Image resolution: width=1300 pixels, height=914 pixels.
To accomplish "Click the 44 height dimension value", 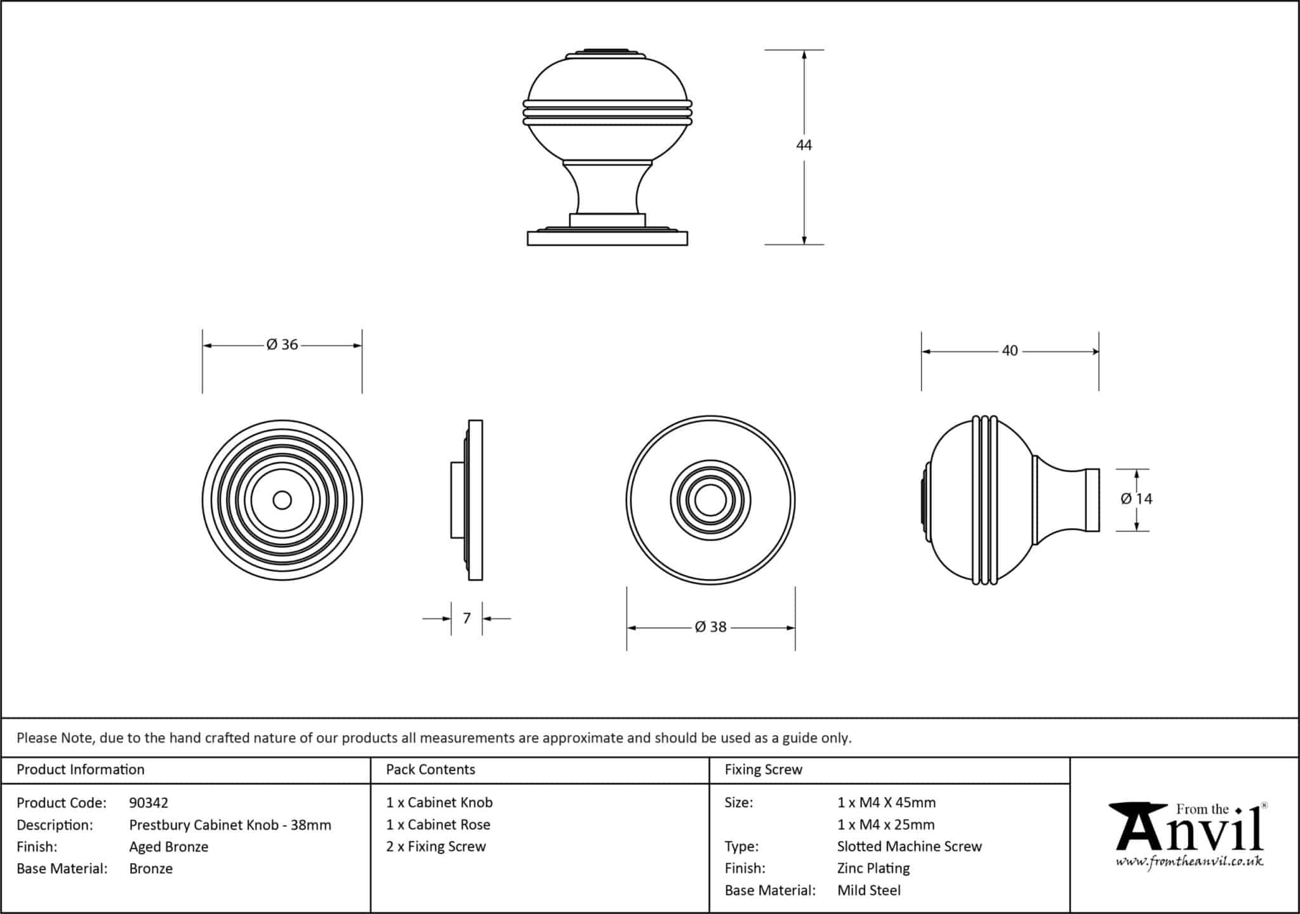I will pos(804,145).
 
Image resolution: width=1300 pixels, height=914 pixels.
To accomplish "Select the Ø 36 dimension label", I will pos(282,345).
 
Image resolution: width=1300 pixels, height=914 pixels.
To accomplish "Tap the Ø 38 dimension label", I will pos(710,627).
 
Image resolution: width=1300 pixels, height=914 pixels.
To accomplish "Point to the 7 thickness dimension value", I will pos(467,618).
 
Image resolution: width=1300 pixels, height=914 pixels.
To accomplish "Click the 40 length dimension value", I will pos(1009,350).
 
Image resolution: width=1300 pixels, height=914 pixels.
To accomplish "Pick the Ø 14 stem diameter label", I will pos(1136,499).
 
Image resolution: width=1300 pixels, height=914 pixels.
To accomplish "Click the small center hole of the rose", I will pos(282,500).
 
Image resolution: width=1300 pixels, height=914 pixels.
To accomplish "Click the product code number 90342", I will pos(149,803).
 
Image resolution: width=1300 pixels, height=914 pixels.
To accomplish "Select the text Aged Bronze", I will pos(168,847).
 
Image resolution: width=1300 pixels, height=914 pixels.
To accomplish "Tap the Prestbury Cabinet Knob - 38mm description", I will pos(230,825).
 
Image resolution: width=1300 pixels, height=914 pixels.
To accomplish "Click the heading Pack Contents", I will pos(430,769).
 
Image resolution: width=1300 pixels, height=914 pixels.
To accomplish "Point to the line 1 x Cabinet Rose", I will pos(438,825).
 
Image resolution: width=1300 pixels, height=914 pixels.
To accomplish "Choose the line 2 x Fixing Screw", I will pos(435,847).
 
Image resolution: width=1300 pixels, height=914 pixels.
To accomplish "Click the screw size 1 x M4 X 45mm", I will pos(886,803).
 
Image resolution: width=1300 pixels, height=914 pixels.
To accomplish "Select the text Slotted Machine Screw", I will pos(909,847).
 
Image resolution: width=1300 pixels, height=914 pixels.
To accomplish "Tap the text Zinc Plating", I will pos(873,868).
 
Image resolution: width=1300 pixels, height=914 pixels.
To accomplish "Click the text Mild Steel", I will pos(868,891).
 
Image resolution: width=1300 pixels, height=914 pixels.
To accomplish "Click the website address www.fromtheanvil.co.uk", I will pos(1189,862).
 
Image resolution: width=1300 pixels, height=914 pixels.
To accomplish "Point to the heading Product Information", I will pos(81,769).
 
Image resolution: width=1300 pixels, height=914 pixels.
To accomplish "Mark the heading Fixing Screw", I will pos(764,769).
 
